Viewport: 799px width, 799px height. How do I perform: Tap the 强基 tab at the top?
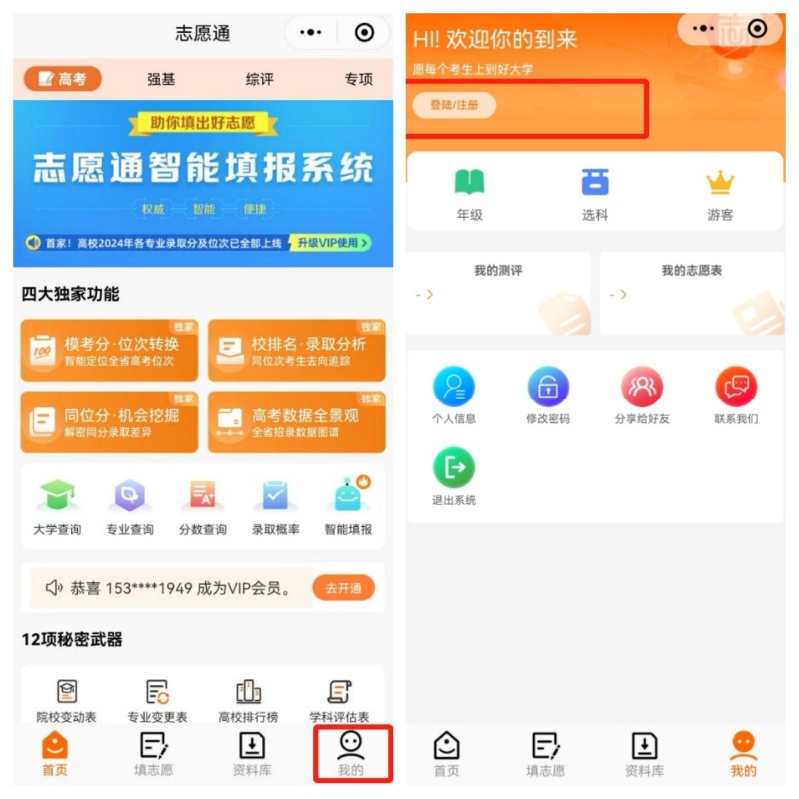click(x=161, y=79)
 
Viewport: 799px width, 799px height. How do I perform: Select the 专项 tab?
click(x=358, y=79)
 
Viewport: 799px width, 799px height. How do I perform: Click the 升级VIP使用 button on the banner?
click(x=329, y=242)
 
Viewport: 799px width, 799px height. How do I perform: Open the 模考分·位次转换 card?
click(x=109, y=351)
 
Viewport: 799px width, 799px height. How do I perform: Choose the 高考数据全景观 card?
click(x=296, y=422)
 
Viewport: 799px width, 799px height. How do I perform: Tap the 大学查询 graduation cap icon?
click(x=57, y=496)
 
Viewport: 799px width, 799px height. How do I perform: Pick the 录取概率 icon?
click(x=275, y=496)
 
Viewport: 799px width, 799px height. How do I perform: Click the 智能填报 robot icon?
click(x=348, y=496)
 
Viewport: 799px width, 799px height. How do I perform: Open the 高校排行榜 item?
click(x=248, y=692)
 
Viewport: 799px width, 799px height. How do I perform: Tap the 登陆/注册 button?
click(x=454, y=105)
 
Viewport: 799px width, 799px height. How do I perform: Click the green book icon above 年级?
click(x=469, y=182)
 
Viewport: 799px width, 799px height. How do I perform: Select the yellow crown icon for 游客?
click(x=720, y=183)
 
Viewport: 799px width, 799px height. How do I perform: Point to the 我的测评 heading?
click(x=498, y=271)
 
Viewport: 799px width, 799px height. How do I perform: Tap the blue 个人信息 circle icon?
click(x=454, y=387)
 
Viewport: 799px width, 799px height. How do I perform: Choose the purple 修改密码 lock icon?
click(x=548, y=387)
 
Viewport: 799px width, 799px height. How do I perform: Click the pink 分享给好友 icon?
click(x=642, y=387)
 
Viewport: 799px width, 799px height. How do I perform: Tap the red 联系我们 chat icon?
click(x=736, y=387)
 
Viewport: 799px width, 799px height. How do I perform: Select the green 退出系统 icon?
click(x=454, y=467)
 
